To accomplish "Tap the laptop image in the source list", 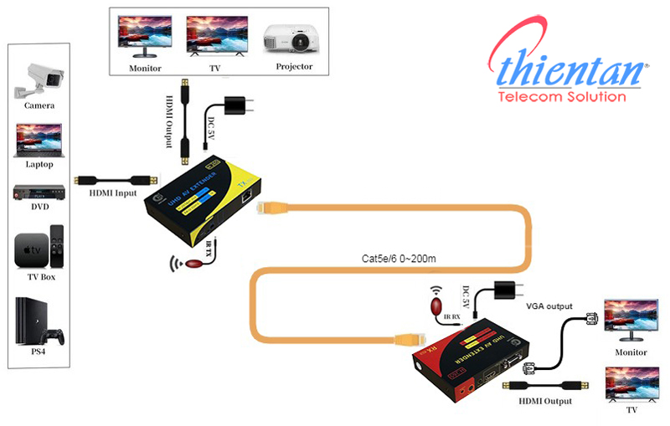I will coord(39,139).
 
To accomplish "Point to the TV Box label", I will coord(39,276).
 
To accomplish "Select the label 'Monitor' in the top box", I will coord(145,67).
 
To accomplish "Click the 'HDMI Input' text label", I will coord(113,192).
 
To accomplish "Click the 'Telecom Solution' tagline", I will coord(561,97).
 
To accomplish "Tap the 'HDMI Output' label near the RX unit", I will coord(545,402).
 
